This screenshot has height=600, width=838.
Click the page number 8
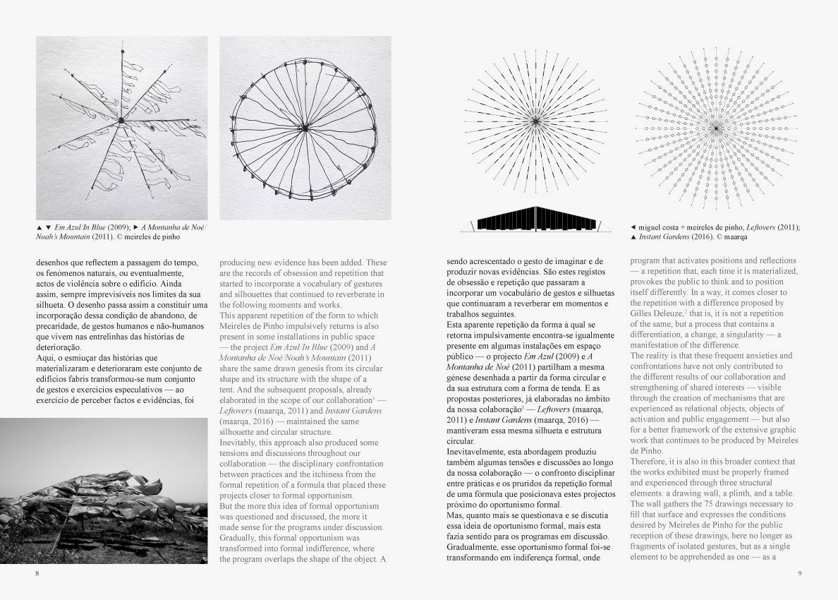coord(37,573)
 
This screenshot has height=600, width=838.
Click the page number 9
coord(800,573)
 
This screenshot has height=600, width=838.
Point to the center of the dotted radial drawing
coord(715,128)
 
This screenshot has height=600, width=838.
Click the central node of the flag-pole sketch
coord(121,121)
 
